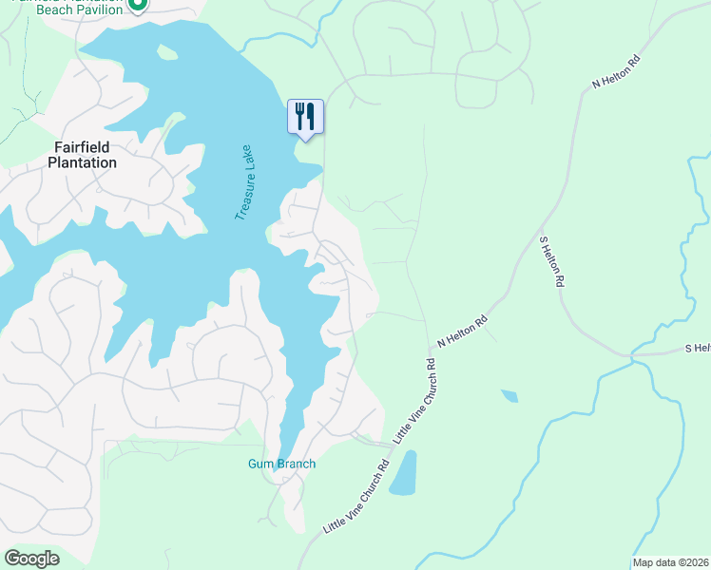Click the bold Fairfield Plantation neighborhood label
pyautogui.click(x=85, y=155)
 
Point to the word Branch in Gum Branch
pyautogui.click(x=296, y=464)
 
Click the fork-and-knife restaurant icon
pyautogui.click(x=305, y=117)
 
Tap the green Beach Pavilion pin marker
pyautogui.click(x=137, y=5)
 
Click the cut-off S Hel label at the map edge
pyautogui.click(x=697, y=349)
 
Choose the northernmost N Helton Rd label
pyautogui.click(x=617, y=70)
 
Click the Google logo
pyautogui.click(x=31, y=559)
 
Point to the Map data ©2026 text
pyautogui.click(x=670, y=562)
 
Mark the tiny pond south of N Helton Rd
pyautogui.click(x=509, y=396)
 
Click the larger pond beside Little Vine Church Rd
pyautogui.click(x=403, y=473)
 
